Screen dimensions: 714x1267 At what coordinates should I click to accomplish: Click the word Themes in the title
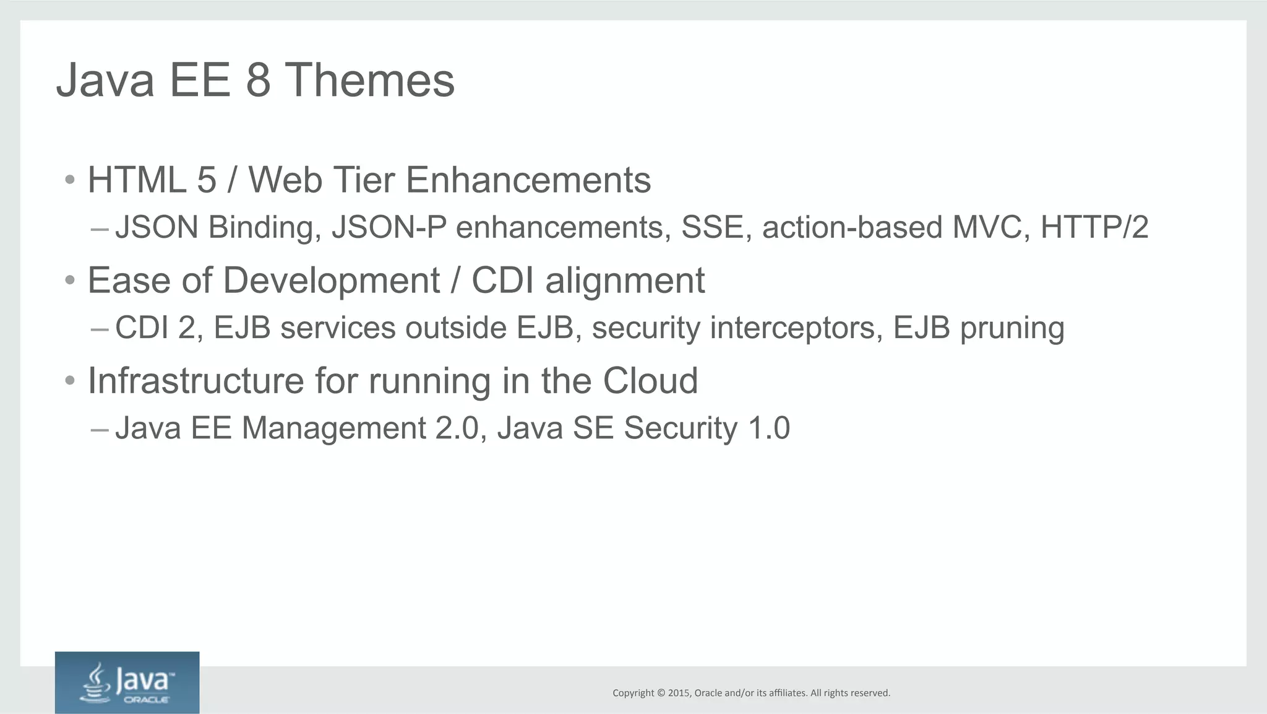click(369, 81)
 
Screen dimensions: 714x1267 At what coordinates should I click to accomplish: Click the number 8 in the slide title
click(258, 81)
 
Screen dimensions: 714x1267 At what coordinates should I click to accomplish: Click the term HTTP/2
click(1094, 227)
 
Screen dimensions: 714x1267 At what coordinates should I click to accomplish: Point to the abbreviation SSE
click(716, 227)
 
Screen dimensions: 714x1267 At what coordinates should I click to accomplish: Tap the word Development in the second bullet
click(331, 281)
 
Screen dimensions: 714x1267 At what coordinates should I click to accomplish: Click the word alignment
click(624, 281)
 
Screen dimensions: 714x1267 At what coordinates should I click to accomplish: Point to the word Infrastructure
click(195, 380)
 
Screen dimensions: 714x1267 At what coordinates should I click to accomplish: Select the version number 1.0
click(769, 428)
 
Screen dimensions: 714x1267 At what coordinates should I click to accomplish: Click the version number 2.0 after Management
click(457, 428)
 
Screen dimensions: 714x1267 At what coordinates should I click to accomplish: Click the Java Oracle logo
click(127, 682)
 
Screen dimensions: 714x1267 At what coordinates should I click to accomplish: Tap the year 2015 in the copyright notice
click(678, 693)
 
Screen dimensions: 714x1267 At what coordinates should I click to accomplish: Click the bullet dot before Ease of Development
click(70, 281)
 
